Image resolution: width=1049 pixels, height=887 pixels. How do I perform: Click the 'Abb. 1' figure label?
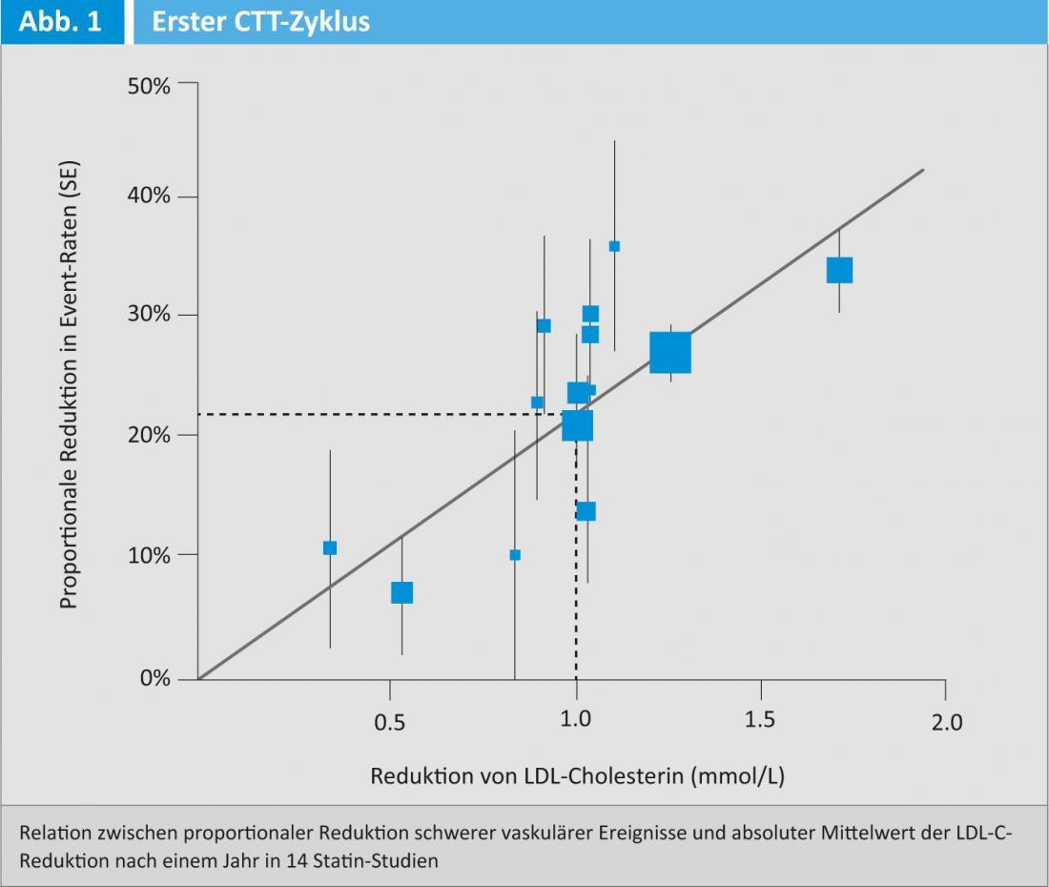tap(59, 22)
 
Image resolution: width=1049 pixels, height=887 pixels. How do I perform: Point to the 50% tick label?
tap(148, 85)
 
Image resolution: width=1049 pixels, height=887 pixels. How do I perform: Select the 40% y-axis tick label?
tap(148, 196)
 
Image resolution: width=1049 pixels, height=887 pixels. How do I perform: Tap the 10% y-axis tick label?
tap(148, 555)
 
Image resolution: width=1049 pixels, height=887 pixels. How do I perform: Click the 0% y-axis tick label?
tap(154, 679)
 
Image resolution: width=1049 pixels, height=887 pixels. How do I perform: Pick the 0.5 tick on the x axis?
tap(389, 723)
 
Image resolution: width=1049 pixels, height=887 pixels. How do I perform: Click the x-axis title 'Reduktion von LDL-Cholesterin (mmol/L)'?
tap(577, 776)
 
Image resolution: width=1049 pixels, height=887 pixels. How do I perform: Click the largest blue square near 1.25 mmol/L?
tap(670, 353)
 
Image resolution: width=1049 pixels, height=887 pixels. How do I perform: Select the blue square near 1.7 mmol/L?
tap(839, 270)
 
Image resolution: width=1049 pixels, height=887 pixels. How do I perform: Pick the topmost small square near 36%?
tap(614, 246)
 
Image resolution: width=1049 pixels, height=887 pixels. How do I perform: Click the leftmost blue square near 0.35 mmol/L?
tap(330, 547)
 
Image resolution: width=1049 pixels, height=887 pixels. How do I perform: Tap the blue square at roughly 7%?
tap(401, 592)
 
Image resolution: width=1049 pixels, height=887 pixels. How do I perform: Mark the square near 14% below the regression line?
tap(586, 511)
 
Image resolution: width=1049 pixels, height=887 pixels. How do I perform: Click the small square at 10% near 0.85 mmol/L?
tap(515, 555)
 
